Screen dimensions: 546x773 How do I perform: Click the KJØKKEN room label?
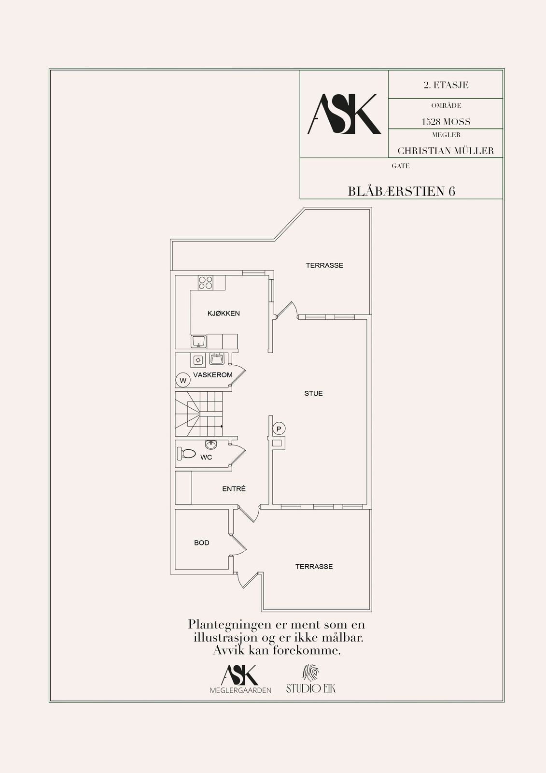point(224,314)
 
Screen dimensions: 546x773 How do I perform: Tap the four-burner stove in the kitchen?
point(205,283)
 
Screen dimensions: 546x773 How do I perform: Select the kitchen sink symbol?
point(199,341)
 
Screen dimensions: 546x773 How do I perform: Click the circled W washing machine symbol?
point(183,380)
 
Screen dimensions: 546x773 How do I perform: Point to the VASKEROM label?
point(213,375)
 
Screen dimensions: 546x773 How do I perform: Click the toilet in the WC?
point(186,454)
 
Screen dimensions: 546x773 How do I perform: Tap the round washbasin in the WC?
point(211,445)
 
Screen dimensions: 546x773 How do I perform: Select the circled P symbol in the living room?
point(279,429)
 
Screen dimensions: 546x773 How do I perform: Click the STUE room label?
point(313,393)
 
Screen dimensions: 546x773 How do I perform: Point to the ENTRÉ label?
point(234,488)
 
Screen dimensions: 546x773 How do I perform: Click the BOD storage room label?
point(202,543)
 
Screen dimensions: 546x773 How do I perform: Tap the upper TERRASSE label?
point(324,265)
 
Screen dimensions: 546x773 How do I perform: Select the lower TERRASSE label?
point(314,567)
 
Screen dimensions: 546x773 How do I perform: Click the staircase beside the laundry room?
point(199,414)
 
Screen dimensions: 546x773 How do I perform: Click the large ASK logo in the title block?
point(344,114)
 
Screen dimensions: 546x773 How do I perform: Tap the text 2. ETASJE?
point(446,85)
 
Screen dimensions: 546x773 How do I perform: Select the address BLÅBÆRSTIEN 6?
point(402,191)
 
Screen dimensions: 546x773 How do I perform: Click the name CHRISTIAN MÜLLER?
point(446,151)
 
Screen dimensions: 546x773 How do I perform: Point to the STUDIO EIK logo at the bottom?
point(311,679)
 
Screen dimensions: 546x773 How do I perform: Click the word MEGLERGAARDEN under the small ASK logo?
point(240,690)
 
